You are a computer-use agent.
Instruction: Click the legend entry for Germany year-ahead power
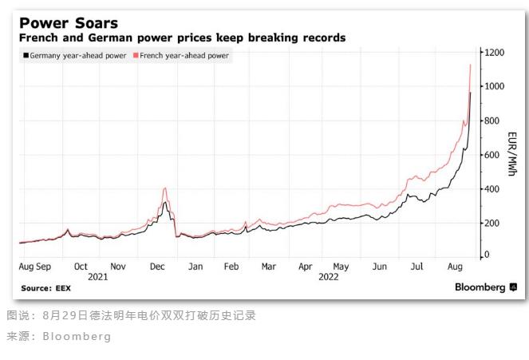pos(76,56)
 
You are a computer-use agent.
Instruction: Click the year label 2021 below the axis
pos(98,276)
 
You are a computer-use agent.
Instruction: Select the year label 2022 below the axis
pos(329,276)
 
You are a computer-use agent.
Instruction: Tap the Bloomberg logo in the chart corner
pos(484,287)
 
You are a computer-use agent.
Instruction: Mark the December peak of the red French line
pos(164,188)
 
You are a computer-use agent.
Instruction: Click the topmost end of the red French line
pos(471,65)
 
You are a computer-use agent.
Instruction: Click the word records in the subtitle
pos(318,38)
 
